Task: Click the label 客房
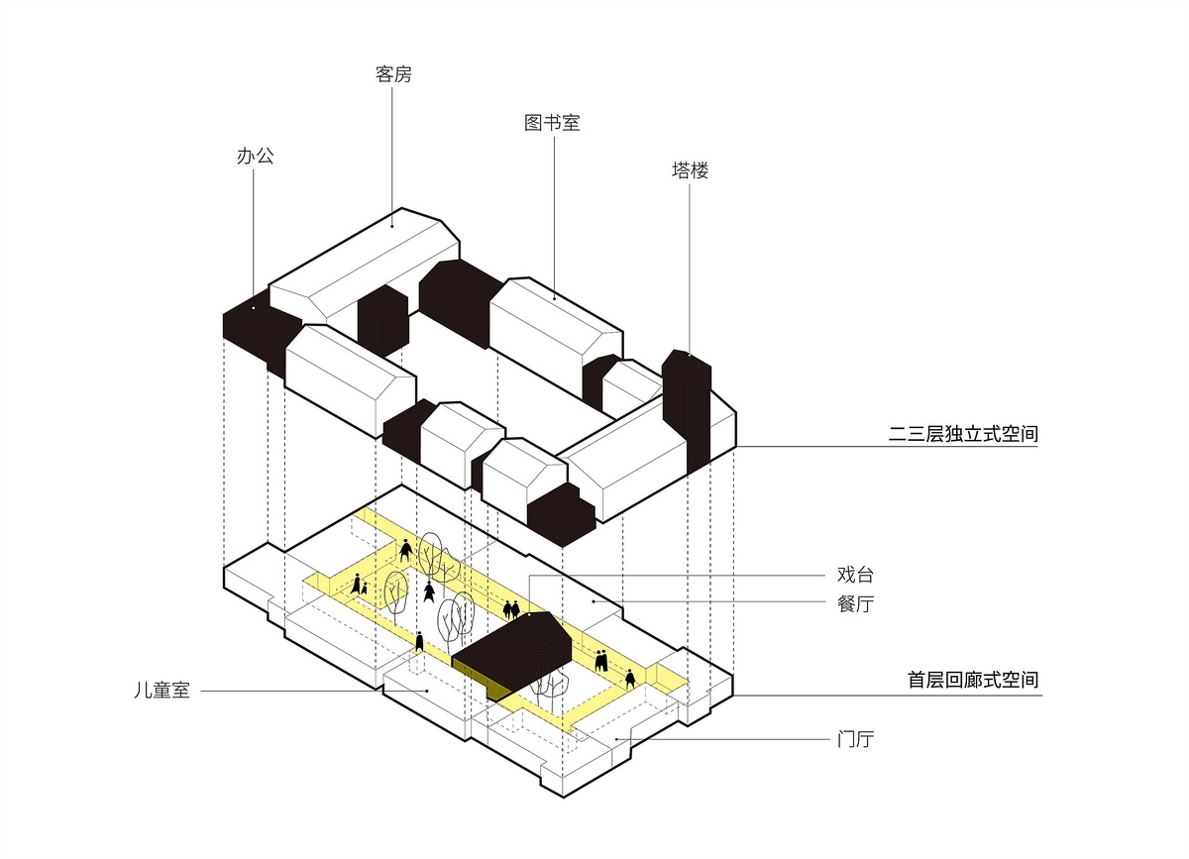click(x=393, y=75)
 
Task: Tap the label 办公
click(x=255, y=156)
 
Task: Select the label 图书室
click(x=552, y=124)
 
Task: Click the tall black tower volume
click(x=687, y=406)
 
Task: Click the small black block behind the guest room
click(x=382, y=317)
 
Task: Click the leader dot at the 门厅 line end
click(x=616, y=739)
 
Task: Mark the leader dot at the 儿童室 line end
click(x=427, y=690)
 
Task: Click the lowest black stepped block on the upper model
click(x=560, y=515)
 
